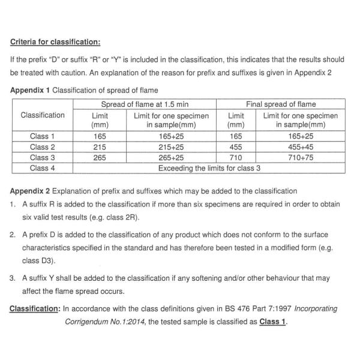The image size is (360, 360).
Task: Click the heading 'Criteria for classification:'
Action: [x=55, y=43]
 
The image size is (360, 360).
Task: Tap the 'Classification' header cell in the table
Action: [x=43, y=115]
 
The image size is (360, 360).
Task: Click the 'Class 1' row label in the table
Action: [x=43, y=136]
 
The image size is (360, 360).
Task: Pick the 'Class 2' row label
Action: [x=43, y=147]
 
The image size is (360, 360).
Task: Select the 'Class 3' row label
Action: [x=43, y=158]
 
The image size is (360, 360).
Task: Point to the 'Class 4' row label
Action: [x=43, y=168]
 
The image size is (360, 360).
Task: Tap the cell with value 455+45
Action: [x=300, y=147]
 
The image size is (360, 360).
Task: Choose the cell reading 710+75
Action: [x=300, y=158]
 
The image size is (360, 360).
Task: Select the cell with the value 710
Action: [x=235, y=158]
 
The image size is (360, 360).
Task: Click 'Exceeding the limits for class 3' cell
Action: [x=209, y=168]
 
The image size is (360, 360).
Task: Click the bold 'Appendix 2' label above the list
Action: [x=30, y=191]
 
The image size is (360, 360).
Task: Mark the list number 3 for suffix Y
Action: [x=13, y=279]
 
